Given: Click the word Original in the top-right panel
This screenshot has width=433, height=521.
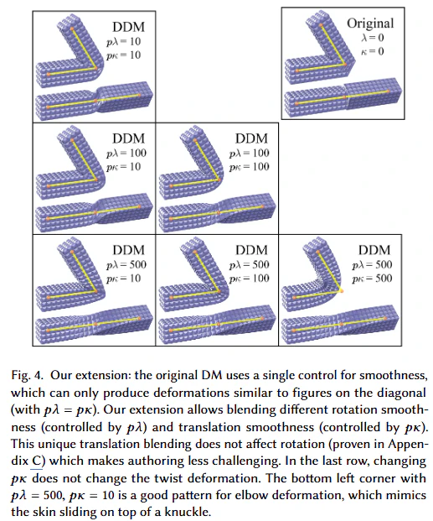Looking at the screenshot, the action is pyautogui.click(x=370, y=23).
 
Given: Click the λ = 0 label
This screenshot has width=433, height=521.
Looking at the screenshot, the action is pyautogui.click(x=373, y=38).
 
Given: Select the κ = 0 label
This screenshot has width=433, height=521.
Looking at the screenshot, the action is pyautogui.click(x=373, y=51).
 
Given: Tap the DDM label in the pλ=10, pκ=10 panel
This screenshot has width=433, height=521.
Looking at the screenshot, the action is pyautogui.click(x=129, y=27).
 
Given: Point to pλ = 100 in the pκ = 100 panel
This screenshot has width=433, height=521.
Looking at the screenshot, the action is pyautogui.click(x=249, y=154).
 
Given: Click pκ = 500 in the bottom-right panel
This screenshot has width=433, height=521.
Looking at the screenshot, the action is pyautogui.click(x=372, y=279).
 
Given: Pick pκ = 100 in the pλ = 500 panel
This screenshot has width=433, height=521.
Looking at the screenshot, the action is pyautogui.click(x=249, y=279).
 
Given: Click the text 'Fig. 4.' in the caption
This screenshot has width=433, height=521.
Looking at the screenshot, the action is pyautogui.click(x=27, y=376).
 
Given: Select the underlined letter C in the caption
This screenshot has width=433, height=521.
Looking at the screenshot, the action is pyautogui.click(x=36, y=461).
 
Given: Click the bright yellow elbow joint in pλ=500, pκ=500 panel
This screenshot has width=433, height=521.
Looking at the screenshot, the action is pyautogui.click(x=342, y=291).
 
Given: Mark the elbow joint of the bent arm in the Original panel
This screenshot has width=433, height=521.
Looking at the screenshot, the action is pyautogui.click(x=345, y=65).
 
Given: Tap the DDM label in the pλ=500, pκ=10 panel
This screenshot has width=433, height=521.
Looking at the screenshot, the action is pyautogui.click(x=129, y=250).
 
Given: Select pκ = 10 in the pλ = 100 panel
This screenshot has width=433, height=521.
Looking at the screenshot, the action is pyautogui.click(x=123, y=167).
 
